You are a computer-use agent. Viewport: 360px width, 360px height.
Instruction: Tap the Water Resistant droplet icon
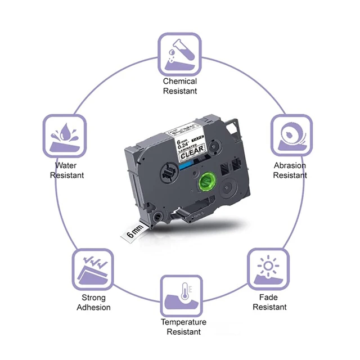(x=65, y=135)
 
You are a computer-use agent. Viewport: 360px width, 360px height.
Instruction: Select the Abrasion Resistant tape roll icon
(x=291, y=135)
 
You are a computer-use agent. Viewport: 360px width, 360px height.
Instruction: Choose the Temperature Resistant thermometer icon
(x=181, y=295)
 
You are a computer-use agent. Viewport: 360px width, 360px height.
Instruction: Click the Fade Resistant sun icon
(x=269, y=268)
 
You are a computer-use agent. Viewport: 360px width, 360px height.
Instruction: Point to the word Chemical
(x=180, y=82)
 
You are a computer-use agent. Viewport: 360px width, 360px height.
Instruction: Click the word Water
(x=66, y=166)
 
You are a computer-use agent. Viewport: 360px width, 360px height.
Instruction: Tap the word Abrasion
(x=290, y=166)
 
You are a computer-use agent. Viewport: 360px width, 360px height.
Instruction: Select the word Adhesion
(x=94, y=308)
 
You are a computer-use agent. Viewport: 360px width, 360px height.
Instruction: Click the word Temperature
(x=183, y=322)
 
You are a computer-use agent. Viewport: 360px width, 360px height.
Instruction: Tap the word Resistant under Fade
(x=269, y=307)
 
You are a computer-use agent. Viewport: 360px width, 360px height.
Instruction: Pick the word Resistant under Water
(x=67, y=175)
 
